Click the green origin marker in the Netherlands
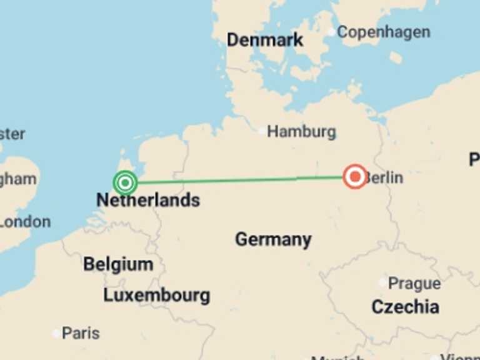click(126, 183)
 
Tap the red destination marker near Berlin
click(356, 177)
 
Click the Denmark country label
click(264, 40)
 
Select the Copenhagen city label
click(383, 32)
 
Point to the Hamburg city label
click(301, 132)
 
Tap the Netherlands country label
click(148, 201)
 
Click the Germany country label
click(273, 239)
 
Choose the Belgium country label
click(118, 264)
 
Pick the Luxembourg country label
click(156, 296)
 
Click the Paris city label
click(80, 333)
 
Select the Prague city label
click(414, 284)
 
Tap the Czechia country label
click(405, 307)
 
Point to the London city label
click(25, 222)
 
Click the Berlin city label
click(384, 177)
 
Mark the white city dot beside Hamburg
click(262, 131)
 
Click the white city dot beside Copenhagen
click(331, 32)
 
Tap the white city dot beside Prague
click(382, 282)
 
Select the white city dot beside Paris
click(56, 334)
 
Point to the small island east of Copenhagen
click(396, 57)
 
